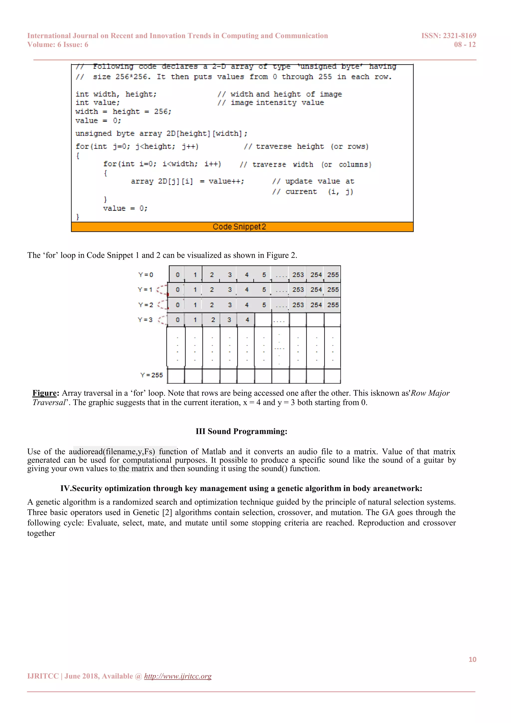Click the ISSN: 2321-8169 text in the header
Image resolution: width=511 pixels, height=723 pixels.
tap(448, 36)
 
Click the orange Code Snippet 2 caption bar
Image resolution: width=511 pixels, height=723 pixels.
tap(242, 227)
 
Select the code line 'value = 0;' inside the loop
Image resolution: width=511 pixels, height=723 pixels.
tap(125, 208)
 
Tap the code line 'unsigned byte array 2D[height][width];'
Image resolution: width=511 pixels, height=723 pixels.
tap(161, 134)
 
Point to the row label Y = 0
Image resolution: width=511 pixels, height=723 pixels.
tap(146, 275)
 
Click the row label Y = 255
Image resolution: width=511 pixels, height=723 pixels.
tap(152, 375)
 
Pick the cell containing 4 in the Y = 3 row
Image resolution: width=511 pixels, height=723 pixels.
tap(247, 320)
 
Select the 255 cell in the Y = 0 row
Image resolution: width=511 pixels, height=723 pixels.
tap(333, 275)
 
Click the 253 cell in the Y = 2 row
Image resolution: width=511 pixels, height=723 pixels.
tap(298, 305)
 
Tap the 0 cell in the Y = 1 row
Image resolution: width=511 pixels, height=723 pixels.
tap(177, 290)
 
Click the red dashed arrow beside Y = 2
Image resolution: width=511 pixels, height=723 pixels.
tap(162, 305)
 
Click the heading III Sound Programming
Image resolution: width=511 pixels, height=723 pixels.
tap(241, 431)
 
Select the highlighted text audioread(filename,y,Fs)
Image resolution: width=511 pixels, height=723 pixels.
tap(112, 452)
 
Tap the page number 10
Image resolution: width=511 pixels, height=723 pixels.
tap(472, 659)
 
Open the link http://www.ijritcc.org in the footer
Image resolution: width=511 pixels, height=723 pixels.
tap(178, 676)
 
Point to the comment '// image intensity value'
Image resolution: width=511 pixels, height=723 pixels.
tap(271, 103)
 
